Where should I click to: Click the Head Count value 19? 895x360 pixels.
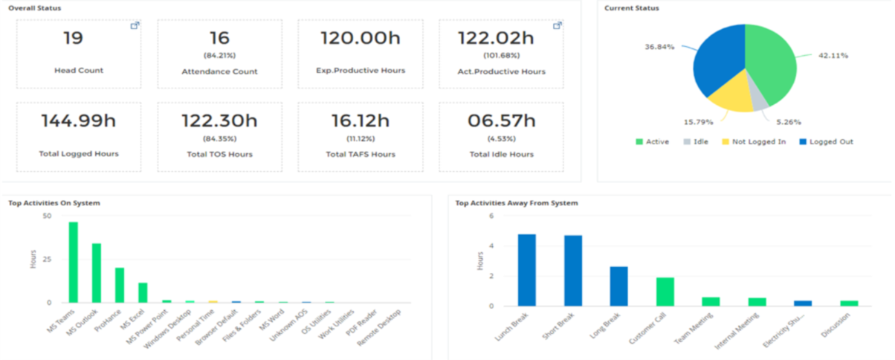(x=73, y=38)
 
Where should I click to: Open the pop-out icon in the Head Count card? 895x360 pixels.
(x=135, y=26)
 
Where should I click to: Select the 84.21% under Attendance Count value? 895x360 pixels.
(x=219, y=54)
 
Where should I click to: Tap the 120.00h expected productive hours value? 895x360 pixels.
(x=361, y=38)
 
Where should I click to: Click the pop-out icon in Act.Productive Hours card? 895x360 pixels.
(x=557, y=26)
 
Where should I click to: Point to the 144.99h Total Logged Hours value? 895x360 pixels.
(x=78, y=120)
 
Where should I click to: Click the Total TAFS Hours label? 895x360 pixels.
(x=361, y=154)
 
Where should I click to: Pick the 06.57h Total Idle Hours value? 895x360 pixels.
(x=500, y=120)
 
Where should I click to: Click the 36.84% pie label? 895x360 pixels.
(x=660, y=47)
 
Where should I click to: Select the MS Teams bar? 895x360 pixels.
(x=74, y=263)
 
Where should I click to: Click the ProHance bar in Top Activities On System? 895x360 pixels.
(x=120, y=285)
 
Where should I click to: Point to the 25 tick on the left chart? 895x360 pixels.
(x=47, y=259)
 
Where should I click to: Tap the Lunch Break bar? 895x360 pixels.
(x=527, y=270)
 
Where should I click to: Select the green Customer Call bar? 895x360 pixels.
(x=665, y=292)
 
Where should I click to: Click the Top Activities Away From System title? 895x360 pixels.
(x=516, y=202)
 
